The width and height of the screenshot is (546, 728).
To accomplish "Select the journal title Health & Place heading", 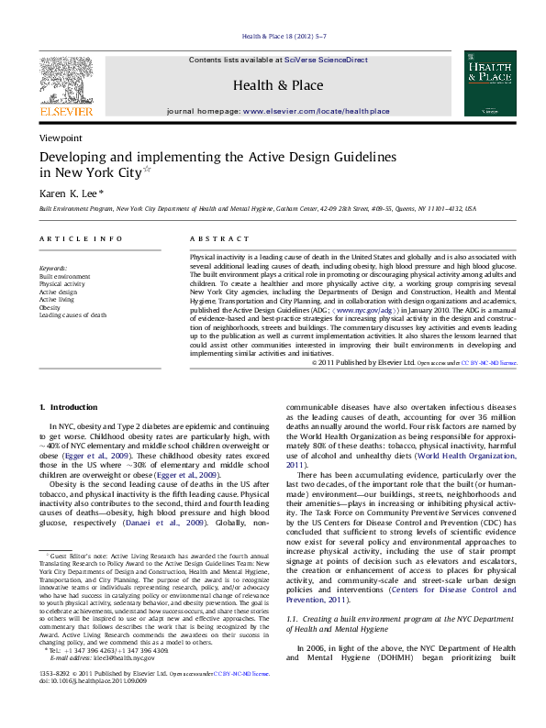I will pyautogui.click(x=278, y=85).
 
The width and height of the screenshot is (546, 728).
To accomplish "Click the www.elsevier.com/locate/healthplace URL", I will pyautogui.click(x=316, y=111).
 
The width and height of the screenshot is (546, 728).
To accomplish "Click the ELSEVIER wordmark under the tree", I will pyautogui.click(x=65, y=111).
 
